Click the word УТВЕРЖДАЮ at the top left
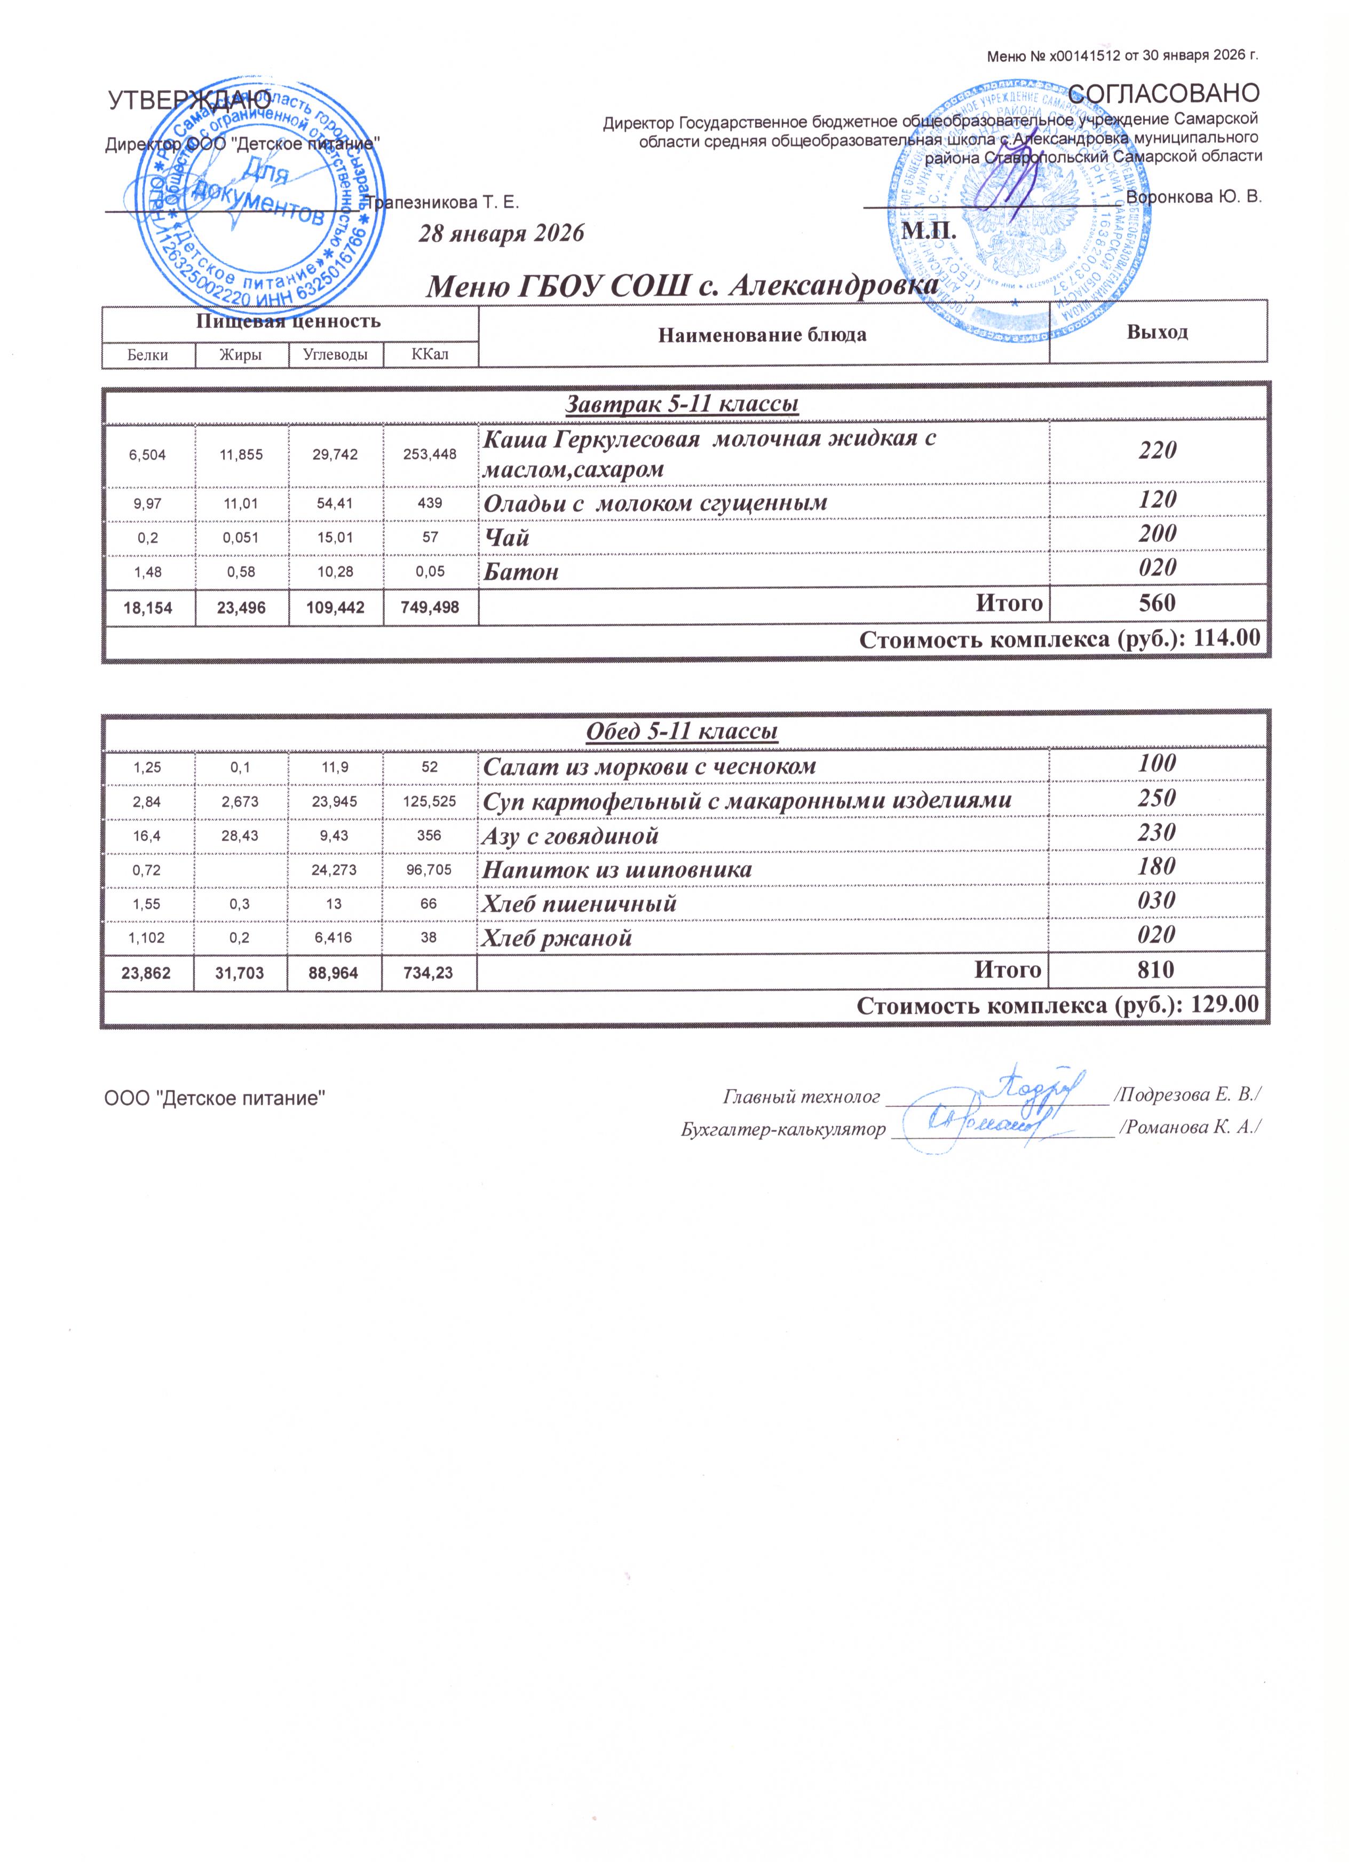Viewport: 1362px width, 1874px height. (191, 101)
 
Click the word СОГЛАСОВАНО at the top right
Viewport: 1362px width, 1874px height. (1164, 92)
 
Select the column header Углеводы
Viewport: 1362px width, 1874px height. (335, 355)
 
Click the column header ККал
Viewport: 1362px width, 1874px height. (430, 355)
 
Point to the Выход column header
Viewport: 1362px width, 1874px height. (1157, 332)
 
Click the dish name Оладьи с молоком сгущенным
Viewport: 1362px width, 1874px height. (654, 503)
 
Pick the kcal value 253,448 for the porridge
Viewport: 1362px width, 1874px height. (430, 454)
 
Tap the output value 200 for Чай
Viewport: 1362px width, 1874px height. (1157, 534)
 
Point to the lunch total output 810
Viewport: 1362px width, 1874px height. (1157, 970)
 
